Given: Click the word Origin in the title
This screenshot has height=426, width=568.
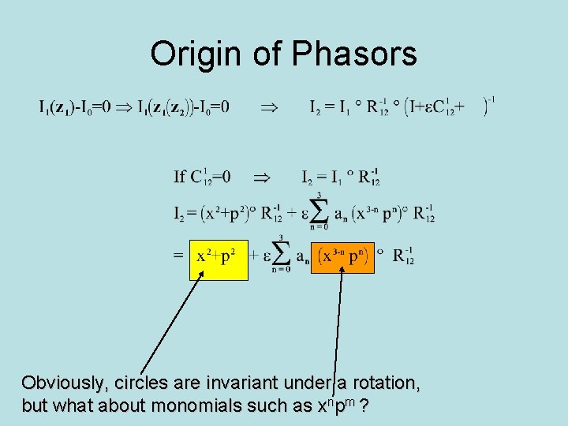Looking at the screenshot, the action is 197,54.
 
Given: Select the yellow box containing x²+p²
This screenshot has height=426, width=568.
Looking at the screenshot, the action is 219,259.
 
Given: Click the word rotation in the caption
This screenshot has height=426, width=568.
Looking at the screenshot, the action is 384,384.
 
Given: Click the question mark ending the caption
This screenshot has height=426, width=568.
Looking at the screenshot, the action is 366,406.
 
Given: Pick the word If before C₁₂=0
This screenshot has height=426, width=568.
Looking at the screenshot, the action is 181,177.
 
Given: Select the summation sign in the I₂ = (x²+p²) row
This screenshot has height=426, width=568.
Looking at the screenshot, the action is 319,212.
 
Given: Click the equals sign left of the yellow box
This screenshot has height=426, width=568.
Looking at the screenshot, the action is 179,256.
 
